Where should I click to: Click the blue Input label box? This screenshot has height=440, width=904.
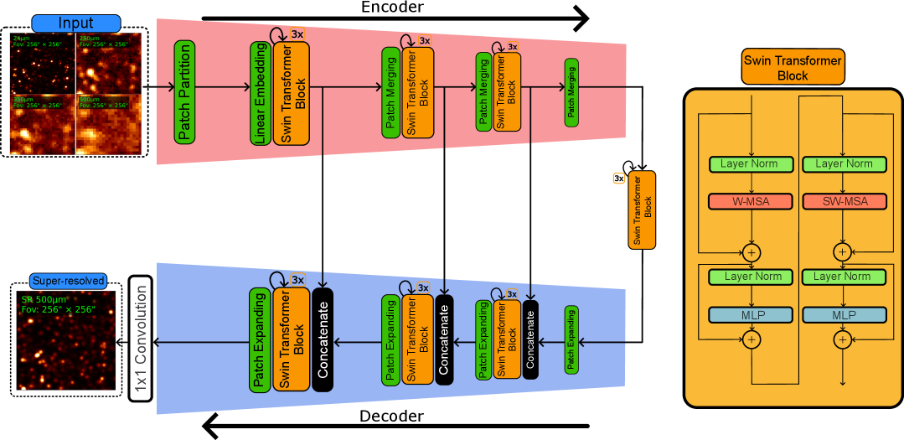[76, 23]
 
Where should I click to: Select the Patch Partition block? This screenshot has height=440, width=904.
[184, 92]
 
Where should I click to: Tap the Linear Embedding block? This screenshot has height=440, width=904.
[260, 93]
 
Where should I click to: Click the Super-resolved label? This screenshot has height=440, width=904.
[68, 281]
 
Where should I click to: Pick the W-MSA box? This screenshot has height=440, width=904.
[751, 201]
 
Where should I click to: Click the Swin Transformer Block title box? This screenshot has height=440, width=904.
[793, 67]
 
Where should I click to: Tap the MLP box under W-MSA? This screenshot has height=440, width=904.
[751, 315]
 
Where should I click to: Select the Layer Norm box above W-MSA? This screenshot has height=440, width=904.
[751, 164]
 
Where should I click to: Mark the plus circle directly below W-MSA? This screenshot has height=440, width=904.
[752, 251]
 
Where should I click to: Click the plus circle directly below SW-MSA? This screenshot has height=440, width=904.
[842, 251]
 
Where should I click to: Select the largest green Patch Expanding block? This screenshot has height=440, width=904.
[260, 339]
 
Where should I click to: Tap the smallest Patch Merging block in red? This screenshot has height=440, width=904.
[572, 93]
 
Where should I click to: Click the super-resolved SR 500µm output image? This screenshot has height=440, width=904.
[68, 339]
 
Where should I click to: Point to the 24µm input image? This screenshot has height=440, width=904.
[42, 63]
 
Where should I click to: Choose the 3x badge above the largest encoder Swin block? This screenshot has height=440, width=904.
[297, 34]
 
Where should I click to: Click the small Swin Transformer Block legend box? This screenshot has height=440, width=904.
[642, 210]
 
